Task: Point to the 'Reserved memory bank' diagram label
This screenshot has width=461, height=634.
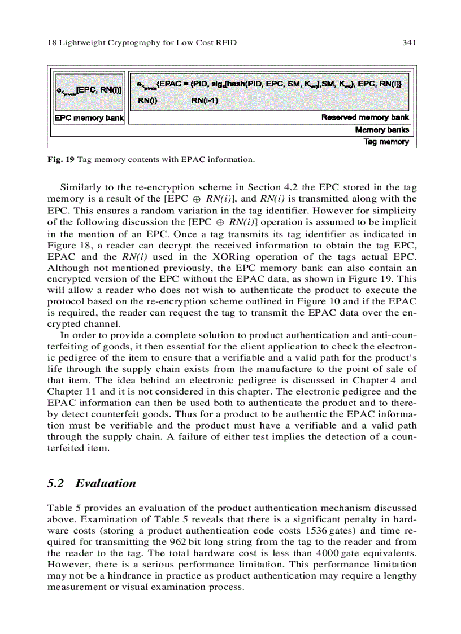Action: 365,117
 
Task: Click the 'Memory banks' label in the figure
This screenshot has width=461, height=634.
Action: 382,130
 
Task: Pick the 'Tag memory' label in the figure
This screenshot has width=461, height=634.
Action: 386,142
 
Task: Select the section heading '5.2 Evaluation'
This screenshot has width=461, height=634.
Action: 92,483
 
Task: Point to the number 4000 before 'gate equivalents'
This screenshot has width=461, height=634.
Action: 329,554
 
